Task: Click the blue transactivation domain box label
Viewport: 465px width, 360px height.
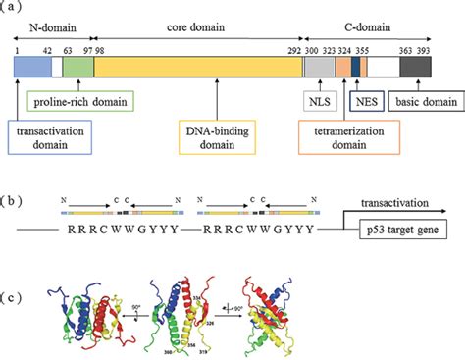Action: tap(49, 136)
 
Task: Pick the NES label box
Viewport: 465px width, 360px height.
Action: tap(364, 100)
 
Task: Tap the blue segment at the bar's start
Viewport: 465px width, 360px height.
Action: tap(31, 67)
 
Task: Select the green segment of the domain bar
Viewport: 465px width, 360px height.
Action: tap(78, 67)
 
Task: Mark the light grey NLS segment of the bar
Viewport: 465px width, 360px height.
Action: tap(318, 67)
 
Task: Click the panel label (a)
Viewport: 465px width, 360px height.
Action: tap(14, 8)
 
